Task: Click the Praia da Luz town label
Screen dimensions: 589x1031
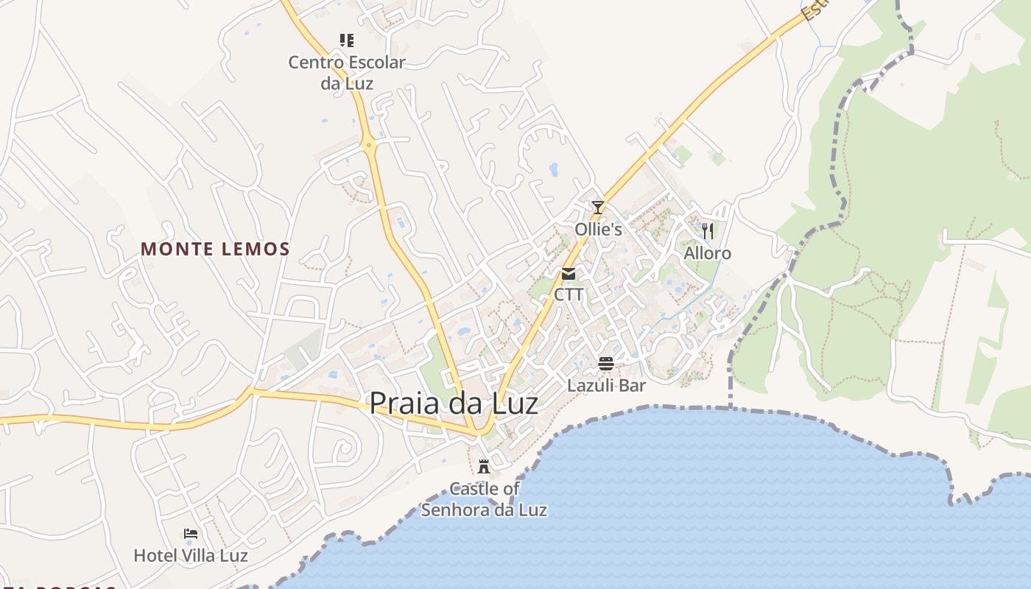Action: (453, 403)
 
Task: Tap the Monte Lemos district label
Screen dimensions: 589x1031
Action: (215, 249)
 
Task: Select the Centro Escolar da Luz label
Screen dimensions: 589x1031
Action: (346, 72)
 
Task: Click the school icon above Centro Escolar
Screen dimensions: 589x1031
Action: (346, 40)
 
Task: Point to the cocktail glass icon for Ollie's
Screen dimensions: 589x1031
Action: (598, 208)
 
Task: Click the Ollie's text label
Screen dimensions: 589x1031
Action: (598, 229)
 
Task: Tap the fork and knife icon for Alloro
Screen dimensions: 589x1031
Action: (708, 231)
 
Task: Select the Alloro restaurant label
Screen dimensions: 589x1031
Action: (708, 253)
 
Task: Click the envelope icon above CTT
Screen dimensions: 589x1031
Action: (569, 274)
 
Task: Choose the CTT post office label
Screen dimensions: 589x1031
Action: (569, 294)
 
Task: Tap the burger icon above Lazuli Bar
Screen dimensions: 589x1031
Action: (606, 363)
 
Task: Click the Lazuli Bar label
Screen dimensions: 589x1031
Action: (606, 385)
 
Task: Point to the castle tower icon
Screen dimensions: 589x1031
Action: (484, 466)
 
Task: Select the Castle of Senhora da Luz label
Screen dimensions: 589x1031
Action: (484, 499)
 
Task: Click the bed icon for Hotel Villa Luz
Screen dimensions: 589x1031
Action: (191, 534)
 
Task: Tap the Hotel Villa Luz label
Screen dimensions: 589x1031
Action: (191, 555)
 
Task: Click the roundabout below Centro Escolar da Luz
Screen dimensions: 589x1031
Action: (369, 145)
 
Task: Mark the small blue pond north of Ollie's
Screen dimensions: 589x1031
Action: (553, 170)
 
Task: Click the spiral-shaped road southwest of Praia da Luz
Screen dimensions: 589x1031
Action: (343, 447)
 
